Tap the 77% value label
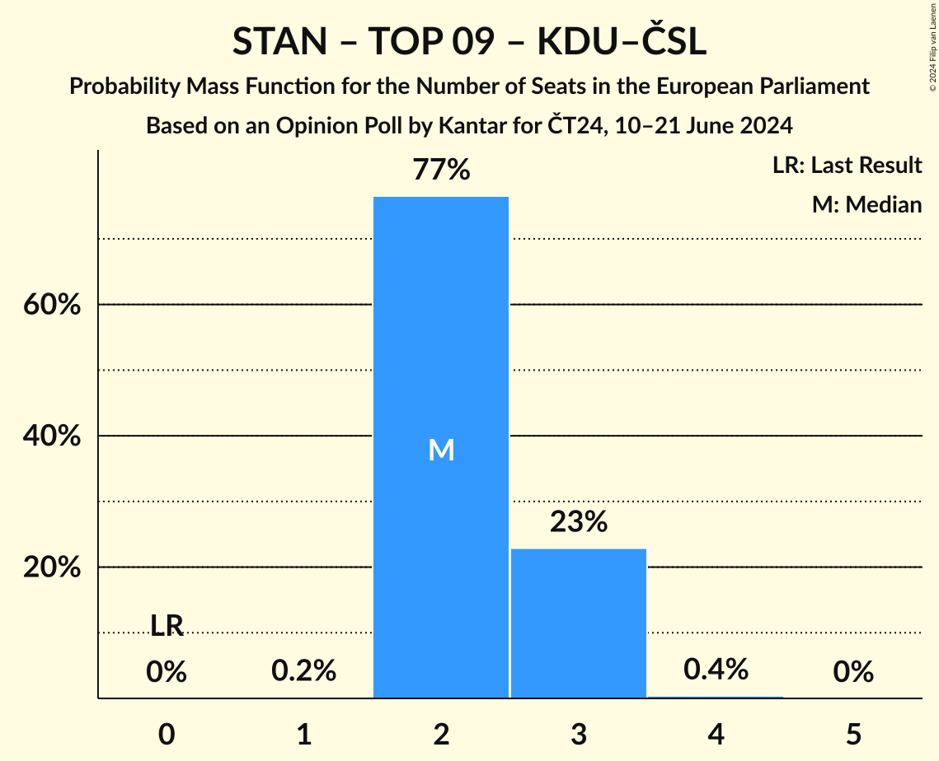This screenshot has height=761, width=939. [441, 170]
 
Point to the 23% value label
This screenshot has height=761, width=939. [578, 522]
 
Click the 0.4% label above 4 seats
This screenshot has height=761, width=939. [716, 670]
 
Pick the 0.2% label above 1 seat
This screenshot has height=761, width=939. [303, 671]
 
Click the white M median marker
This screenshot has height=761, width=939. [441, 450]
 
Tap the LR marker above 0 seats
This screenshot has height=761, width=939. [167, 626]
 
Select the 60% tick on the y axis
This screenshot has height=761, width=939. [51, 305]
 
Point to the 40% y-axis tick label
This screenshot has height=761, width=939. [51, 436]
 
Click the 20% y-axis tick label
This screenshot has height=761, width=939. [51, 567]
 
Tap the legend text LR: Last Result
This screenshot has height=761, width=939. [847, 166]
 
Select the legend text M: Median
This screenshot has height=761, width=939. [866, 204]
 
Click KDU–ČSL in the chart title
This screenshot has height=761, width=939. [622, 43]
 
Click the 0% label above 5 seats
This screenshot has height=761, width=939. [853, 673]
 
